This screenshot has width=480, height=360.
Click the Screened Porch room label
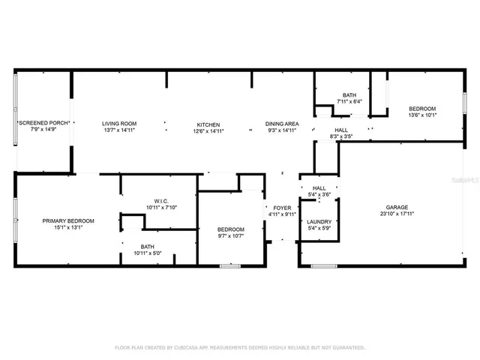click(x=43, y=123)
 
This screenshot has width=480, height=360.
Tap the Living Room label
click(x=119, y=124)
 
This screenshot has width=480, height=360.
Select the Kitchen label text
click(x=208, y=124)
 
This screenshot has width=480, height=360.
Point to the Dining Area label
click(x=282, y=124)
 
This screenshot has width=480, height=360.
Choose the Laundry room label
click(x=319, y=222)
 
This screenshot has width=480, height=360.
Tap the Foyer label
click(x=281, y=208)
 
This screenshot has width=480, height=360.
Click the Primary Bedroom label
click(x=68, y=221)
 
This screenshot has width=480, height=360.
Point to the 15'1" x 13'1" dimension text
click(x=68, y=229)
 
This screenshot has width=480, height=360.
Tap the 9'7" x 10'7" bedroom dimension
click(x=231, y=237)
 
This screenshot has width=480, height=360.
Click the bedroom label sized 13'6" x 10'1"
click(x=422, y=109)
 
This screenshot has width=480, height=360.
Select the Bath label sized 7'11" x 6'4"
click(x=349, y=95)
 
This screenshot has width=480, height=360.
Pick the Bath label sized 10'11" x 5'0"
click(x=148, y=246)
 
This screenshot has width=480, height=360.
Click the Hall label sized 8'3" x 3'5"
click(x=341, y=130)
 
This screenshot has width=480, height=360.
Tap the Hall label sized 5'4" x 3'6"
click(x=319, y=188)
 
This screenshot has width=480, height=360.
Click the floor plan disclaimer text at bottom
click(x=239, y=347)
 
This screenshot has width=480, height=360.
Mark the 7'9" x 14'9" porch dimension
click(x=43, y=130)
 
